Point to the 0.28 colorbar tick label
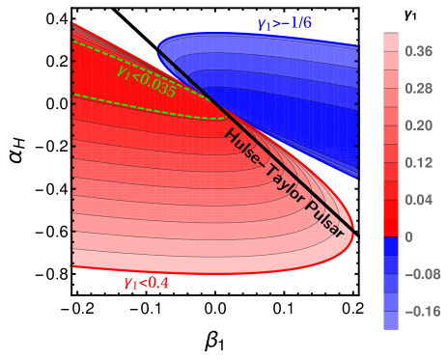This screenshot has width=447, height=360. point(418,89)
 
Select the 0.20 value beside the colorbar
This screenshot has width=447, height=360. point(418,125)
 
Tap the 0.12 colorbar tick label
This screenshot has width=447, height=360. point(418,162)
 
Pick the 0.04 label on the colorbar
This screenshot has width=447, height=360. point(418,200)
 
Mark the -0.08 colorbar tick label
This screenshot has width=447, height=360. point(420,274)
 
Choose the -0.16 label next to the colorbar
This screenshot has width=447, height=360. point(420,311)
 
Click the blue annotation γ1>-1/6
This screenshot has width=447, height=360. point(285,23)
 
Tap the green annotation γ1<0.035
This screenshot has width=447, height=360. point(145,80)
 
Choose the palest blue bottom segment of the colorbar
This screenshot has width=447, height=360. point(391,320)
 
